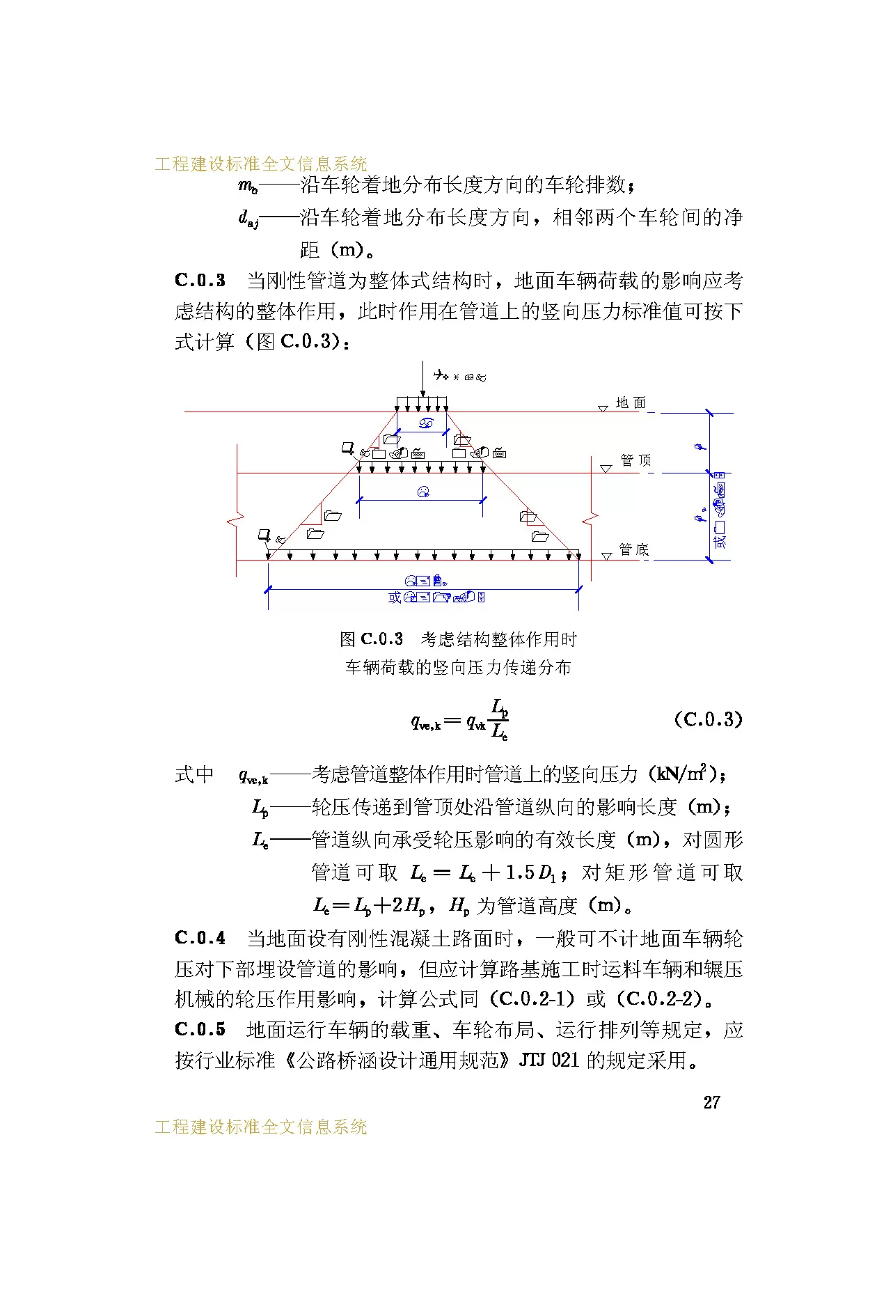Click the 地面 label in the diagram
631,403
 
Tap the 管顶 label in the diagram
635,460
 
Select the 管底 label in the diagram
634,549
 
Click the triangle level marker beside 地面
603,409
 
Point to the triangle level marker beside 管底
606,556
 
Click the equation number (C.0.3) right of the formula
708,719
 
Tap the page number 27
711,1102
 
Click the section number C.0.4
200,938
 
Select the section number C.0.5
200,1029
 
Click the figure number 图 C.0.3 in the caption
372,639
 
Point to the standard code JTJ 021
549,1060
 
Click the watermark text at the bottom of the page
261,1127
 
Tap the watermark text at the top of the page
261,164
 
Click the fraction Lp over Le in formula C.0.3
500,719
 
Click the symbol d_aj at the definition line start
248,219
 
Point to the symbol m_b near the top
248,186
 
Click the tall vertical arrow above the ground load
422,379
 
